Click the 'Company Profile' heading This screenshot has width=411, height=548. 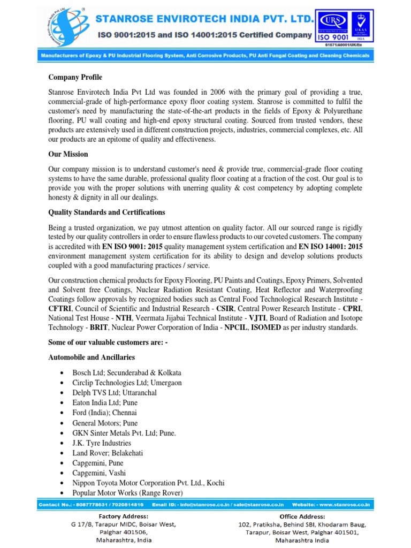(75, 78)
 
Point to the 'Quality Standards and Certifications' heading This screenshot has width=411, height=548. (106, 212)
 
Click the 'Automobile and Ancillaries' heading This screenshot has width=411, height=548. (92, 357)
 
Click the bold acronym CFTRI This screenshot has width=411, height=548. (60, 309)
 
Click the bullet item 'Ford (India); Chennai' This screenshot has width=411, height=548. (104, 413)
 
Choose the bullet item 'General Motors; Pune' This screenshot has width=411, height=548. (104, 423)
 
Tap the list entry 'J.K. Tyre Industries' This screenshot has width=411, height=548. (102, 443)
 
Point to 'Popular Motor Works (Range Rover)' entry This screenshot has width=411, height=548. (127, 493)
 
